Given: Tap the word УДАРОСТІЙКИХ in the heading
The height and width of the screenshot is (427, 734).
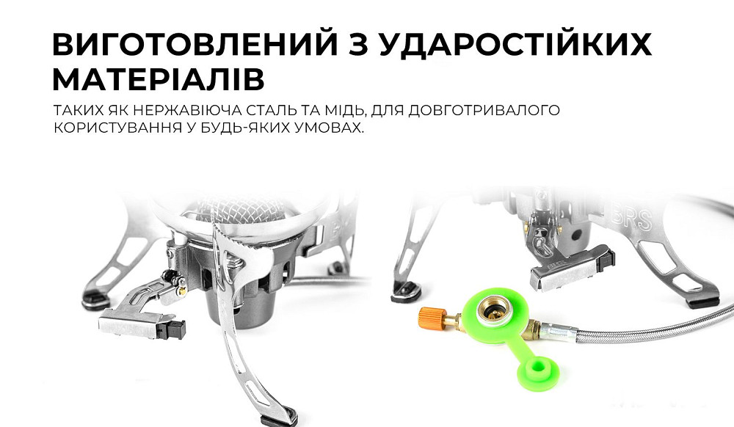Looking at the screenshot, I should pos(515,45).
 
